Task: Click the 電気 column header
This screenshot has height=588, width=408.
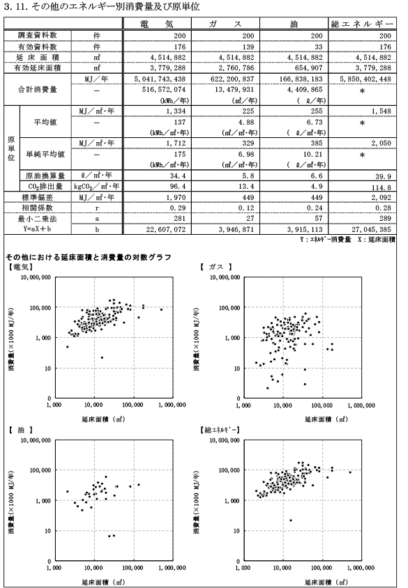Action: (x=156, y=24)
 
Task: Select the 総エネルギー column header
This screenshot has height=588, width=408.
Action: (x=362, y=24)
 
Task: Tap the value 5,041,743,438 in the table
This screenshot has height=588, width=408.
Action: (x=160, y=79)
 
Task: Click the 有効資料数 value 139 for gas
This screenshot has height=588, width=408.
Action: (x=248, y=47)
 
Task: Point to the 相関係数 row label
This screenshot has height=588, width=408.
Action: (x=37, y=208)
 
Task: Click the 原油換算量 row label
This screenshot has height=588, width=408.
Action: (x=45, y=176)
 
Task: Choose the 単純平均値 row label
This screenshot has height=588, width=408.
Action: (x=45, y=154)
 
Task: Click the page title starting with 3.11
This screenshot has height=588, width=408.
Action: (x=101, y=6)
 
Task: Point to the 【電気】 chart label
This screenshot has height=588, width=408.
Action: (x=20, y=267)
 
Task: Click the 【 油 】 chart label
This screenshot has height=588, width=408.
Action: (x=21, y=430)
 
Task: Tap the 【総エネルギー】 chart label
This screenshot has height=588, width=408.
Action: (x=220, y=430)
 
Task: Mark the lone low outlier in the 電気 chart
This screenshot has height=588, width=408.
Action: (x=102, y=357)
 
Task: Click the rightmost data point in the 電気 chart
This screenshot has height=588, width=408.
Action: (x=161, y=309)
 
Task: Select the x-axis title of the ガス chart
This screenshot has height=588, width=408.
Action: (x=326, y=419)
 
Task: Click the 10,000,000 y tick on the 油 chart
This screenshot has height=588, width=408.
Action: (x=36, y=440)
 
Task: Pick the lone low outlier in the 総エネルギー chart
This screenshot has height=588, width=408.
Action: (x=291, y=520)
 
